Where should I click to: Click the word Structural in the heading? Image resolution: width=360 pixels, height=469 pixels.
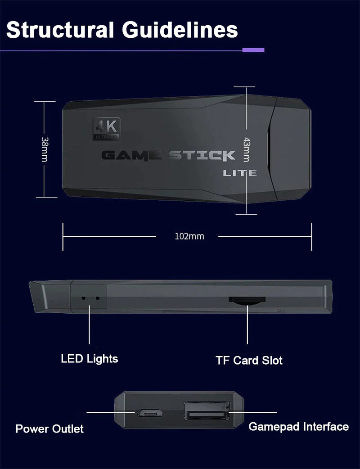pyautogui.click(x=60, y=30)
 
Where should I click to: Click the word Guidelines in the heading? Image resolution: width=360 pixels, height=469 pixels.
pyautogui.click(x=180, y=30)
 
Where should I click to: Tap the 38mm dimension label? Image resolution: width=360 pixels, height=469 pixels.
pyautogui.click(x=45, y=149)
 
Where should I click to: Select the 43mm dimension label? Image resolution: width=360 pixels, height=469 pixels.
pyautogui.click(x=246, y=149)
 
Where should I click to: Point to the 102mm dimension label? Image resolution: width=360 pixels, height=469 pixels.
pyautogui.click(x=189, y=236)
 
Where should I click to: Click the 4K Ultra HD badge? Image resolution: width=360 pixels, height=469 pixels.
pyautogui.click(x=107, y=129)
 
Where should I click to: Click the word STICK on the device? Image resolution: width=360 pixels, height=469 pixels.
pyautogui.click(x=202, y=156)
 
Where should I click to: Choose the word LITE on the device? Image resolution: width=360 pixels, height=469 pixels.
pyautogui.click(x=240, y=173)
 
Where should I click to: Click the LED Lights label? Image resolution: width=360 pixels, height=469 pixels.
pyautogui.click(x=90, y=359)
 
